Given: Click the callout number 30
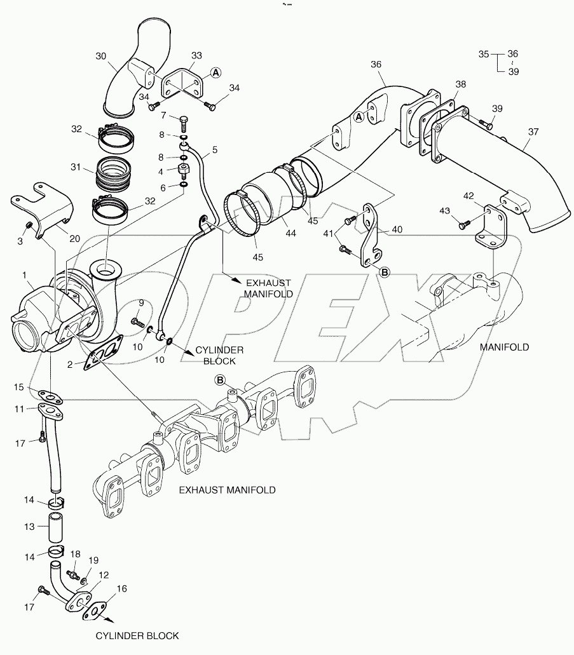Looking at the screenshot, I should click(101, 56).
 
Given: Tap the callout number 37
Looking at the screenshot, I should click(532, 132).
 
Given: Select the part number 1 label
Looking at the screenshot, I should click(24, 276).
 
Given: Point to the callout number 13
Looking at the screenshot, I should click(29, 527).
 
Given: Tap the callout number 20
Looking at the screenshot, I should click(74, 239).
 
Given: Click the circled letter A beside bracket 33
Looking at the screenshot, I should click(216, 73).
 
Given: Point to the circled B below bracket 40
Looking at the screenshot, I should click(383, 271).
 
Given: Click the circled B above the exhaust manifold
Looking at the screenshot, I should click(220, 380).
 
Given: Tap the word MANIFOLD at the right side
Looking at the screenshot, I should click(504, 347).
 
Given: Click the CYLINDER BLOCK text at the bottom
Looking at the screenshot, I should click(137, 635).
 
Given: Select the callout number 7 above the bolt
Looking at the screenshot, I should click(164, 116).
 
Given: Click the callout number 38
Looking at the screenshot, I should click(460, 84).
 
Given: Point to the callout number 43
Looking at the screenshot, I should click(445, 210).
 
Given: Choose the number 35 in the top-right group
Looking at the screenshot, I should click(484, 55).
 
